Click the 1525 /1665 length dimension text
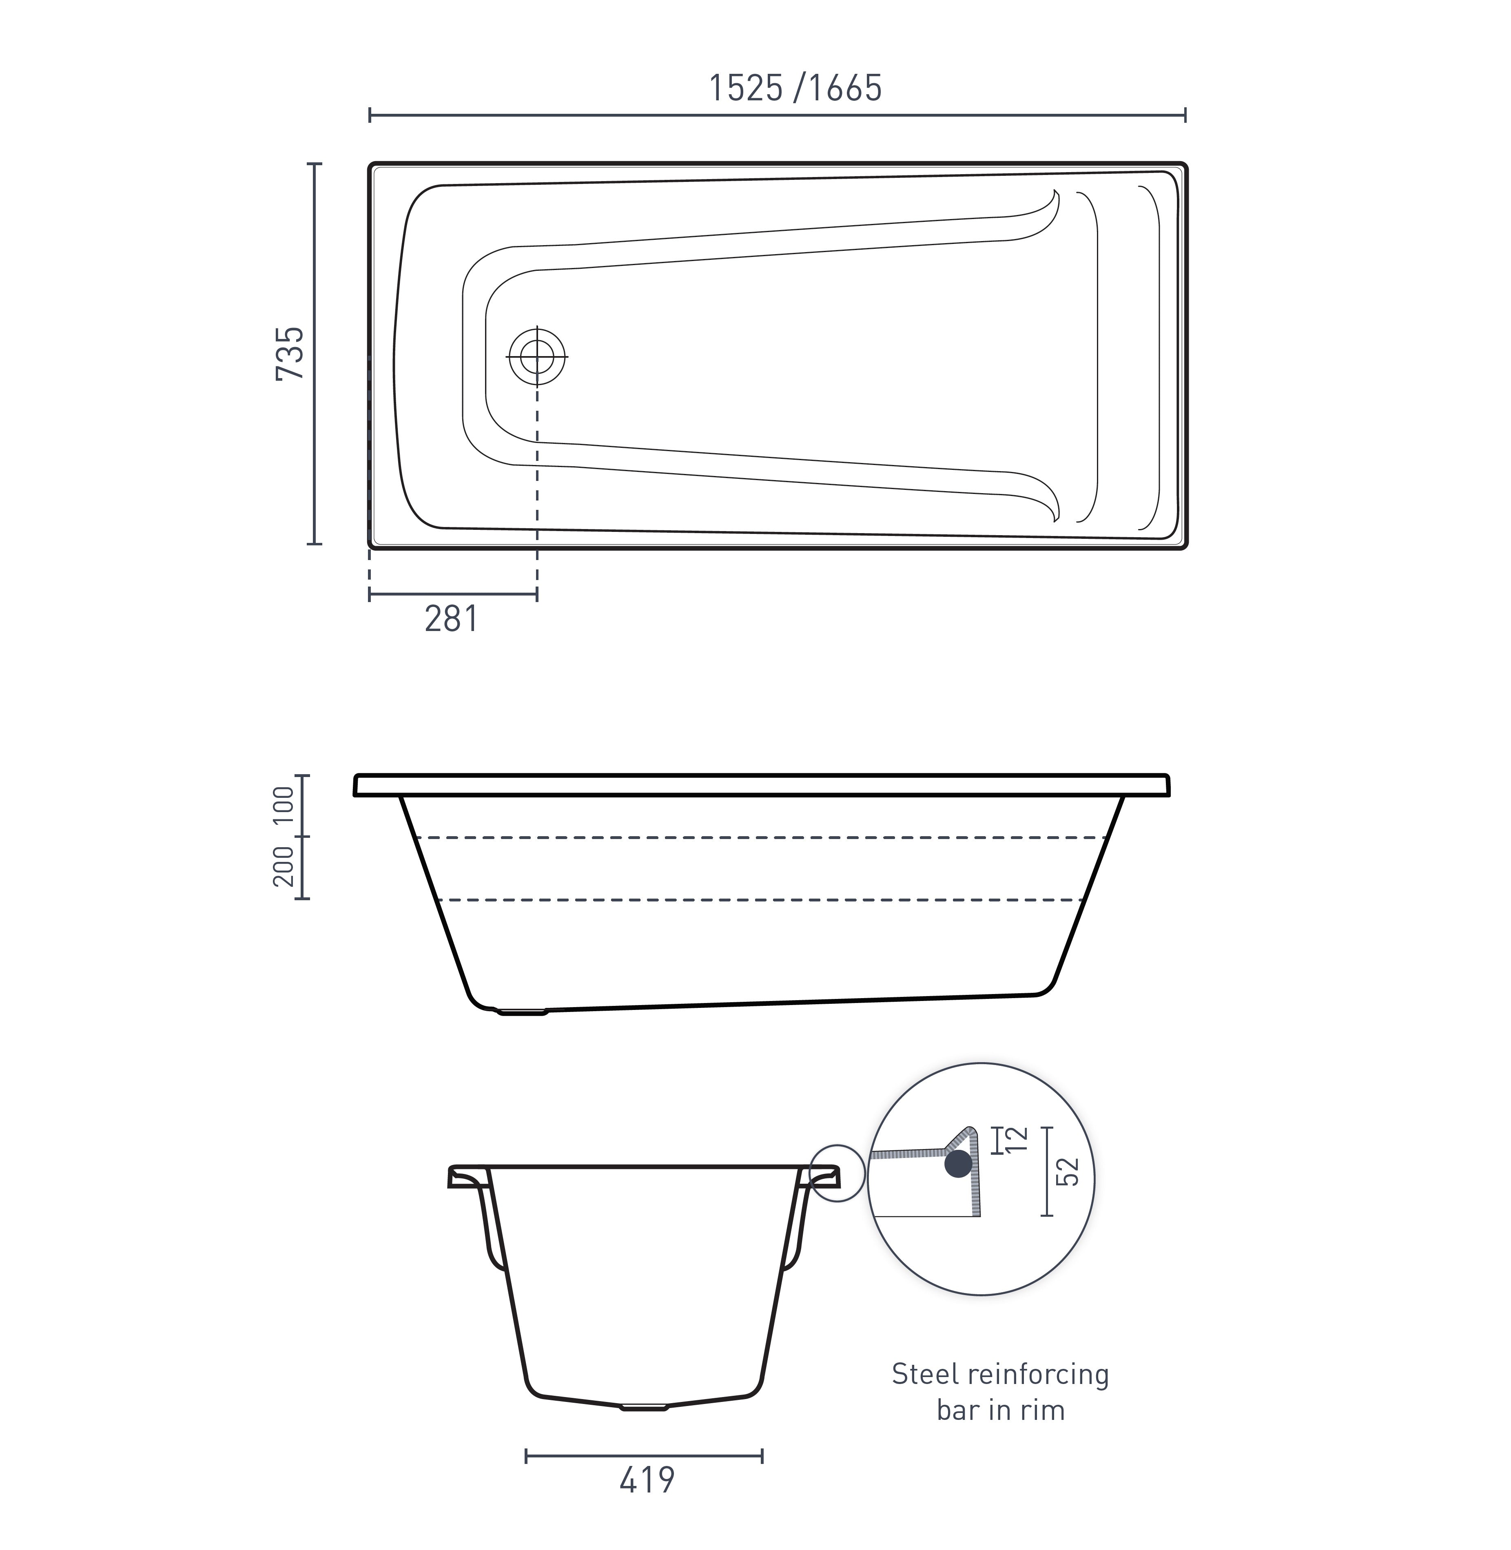(794, 88)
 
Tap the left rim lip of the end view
(464, 1176)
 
